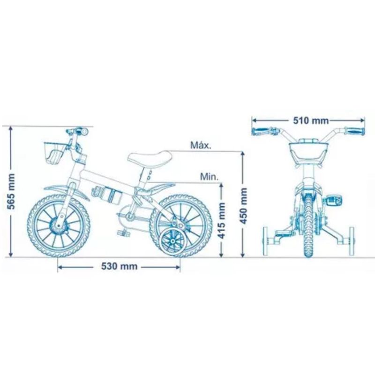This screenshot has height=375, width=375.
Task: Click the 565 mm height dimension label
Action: point(11,191)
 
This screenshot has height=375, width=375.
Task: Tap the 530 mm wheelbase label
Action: point(120,266)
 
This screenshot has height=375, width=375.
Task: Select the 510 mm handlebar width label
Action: point(311,120)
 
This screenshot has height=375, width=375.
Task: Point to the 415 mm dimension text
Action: point(222,220)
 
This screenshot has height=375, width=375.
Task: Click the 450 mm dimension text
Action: point(243,206)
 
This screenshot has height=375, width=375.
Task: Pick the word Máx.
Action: point(201,145)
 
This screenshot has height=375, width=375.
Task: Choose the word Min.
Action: point(209,177)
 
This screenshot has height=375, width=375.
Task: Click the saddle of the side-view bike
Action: point(150,157)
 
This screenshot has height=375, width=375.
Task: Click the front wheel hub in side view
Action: point(58,225)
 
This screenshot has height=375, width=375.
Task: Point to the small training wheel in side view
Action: point(173,242)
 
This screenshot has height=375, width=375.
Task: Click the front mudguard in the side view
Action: point(67,191)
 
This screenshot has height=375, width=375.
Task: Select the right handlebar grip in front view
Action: point(355,131)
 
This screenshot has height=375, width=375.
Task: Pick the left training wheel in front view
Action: point(265,241)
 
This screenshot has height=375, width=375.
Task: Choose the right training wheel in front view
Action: point(352,241)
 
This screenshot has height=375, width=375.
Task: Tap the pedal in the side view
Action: point(123,232)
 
